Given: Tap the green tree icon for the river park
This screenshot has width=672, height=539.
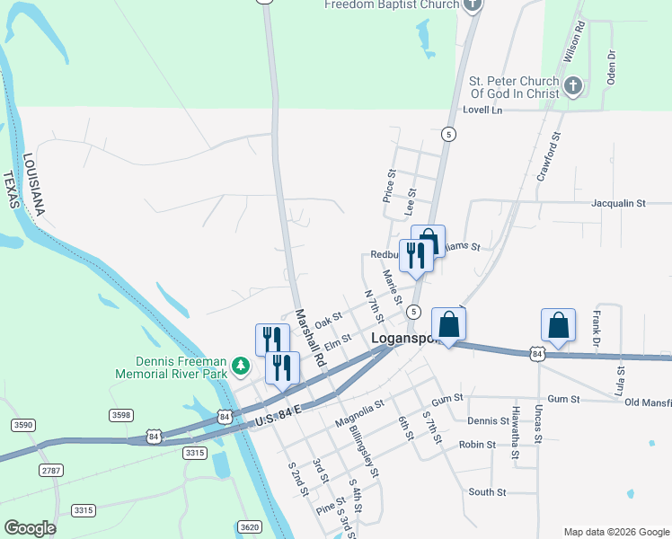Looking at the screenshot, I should tap(240, 367).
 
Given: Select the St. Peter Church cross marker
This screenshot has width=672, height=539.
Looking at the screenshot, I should tap(574, 86).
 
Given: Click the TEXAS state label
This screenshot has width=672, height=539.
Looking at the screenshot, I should tap(11, 190).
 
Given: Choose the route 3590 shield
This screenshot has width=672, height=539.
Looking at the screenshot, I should tap(22, 425).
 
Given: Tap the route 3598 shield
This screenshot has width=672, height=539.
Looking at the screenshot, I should tap(120, 414).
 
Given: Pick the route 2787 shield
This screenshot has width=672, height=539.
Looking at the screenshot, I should tap(52, 470).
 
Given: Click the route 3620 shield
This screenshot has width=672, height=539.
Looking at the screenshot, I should tap(251, 526).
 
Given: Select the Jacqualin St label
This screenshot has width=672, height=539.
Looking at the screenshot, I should tap(618, 204).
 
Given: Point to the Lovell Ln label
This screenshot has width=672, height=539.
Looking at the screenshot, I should tap(482, 110).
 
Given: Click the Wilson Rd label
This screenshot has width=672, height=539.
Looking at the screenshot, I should tap(572, 41).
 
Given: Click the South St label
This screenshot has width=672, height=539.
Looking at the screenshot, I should tap(488, 492).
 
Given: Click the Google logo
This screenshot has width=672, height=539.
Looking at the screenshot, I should tap(30, 528).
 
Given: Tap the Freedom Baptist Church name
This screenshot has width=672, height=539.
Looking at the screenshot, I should tap(392, 4).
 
